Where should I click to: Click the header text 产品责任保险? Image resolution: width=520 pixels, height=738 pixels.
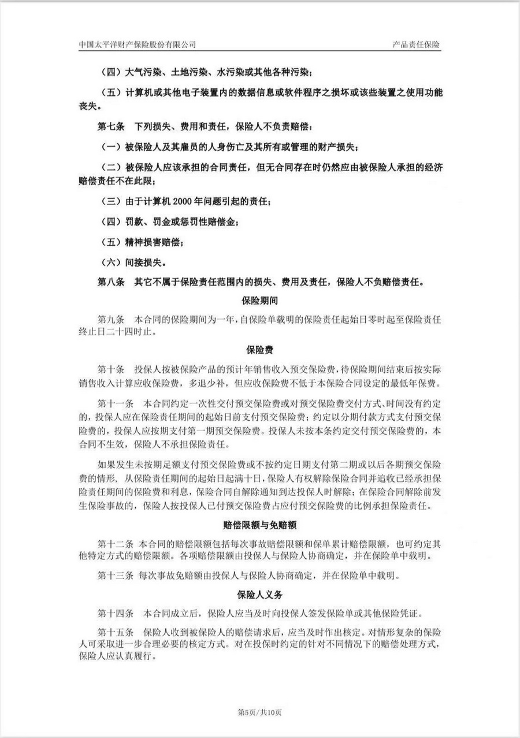[x=416, y=44]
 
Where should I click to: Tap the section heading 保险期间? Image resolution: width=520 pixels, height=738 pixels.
[x=259, y=301]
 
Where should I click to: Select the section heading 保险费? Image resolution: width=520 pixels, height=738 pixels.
[x=259, y=350]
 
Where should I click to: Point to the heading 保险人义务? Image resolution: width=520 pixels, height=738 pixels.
[x=259, y=594]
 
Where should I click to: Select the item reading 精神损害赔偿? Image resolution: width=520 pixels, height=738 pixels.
[x=152, y=243]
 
